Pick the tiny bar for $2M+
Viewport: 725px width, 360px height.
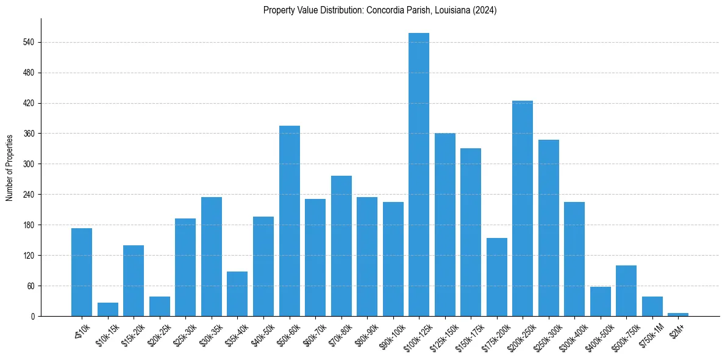[x=678, y=314]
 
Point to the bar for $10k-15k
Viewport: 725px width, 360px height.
[x=107, y=309]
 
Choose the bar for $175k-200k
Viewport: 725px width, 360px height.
[x=496, y=277]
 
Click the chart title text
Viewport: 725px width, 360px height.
[x=380, y=10]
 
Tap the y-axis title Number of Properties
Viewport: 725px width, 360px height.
[x=10, y=167]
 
